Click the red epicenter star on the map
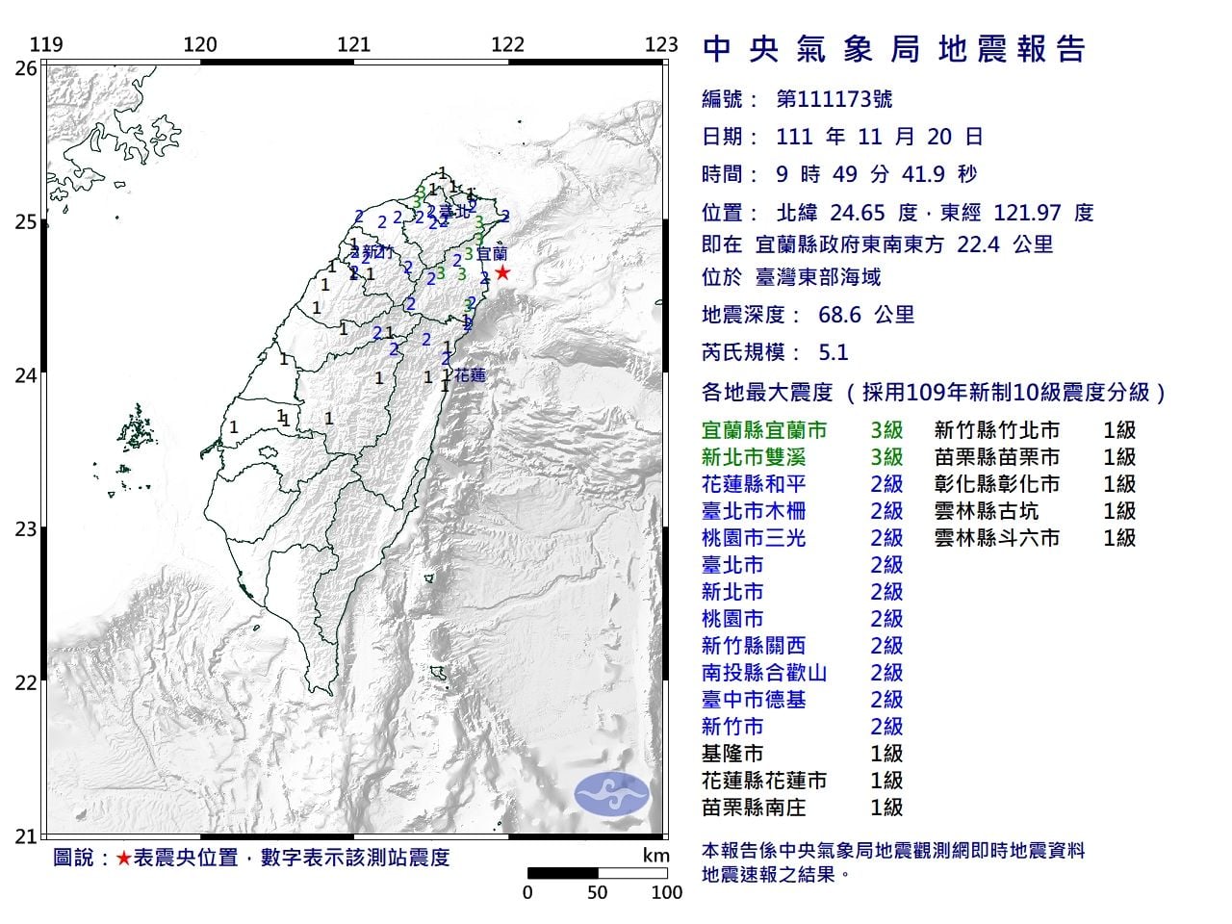501,272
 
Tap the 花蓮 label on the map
470,375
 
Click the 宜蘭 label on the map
492,255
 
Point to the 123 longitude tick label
661,44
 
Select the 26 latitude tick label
27,68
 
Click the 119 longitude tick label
46,44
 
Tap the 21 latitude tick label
27,835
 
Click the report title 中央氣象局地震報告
895,49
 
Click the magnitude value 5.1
833,352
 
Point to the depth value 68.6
835,315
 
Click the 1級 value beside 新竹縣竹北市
1119,430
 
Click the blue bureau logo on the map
612,794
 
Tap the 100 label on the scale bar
666,892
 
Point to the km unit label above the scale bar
655,855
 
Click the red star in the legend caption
123,858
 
